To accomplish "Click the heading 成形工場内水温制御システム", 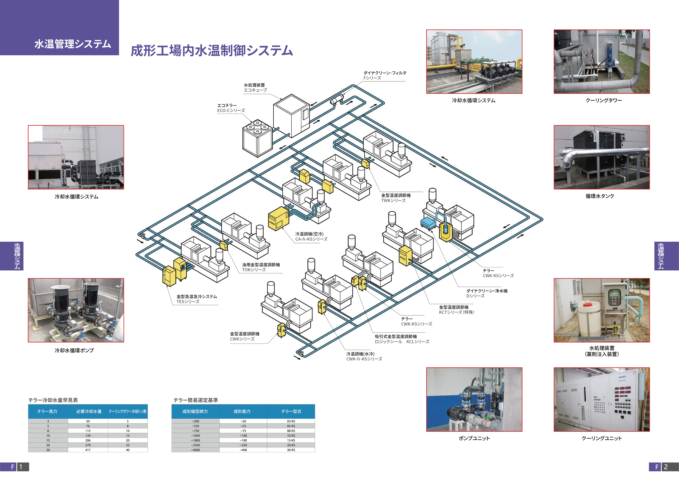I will pos(212,51).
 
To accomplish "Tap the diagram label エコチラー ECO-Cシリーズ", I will pos(231,108).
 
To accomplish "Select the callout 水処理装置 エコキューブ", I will pos(255,87).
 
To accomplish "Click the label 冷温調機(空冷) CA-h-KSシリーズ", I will pos(311,236).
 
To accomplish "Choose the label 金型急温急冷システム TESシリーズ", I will pos(197,299).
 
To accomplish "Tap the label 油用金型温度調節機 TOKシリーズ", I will pos(261,267).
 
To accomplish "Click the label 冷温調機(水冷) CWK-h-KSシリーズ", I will pos(364,356).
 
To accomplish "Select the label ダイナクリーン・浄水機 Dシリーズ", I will pos(486,293).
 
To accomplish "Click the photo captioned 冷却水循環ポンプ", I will pos(76,310).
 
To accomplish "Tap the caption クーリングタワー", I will pos(603,101).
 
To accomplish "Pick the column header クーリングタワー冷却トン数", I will pos(127,411).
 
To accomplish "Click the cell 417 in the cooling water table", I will pos(88,450).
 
